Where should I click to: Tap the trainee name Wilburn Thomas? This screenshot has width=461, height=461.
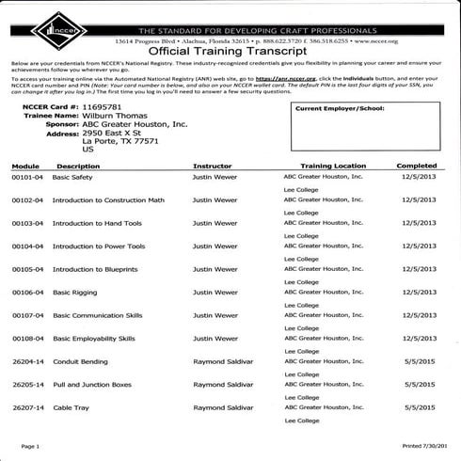tap(116, 120)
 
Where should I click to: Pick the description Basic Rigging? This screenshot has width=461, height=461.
tap(75, 292)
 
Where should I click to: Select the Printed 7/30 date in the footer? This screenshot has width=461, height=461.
tap(431, 446)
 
